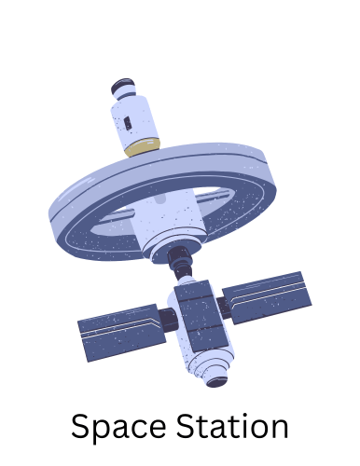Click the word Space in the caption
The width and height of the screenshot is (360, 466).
118,427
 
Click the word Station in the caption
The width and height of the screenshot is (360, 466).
232,425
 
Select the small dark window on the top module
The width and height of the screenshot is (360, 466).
128,123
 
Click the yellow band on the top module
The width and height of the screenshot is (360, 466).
143,147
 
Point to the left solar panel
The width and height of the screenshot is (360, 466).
121,333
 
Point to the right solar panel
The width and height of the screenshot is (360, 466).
267,297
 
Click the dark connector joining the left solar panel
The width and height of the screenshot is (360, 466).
168,320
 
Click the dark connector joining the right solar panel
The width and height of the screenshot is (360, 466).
223,308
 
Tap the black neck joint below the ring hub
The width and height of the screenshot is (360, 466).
180,262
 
